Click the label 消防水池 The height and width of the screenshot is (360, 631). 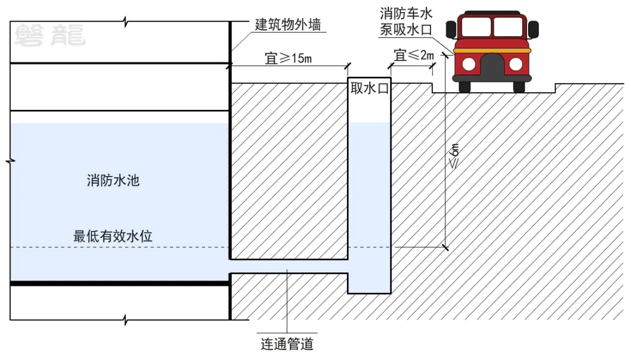[113, 180]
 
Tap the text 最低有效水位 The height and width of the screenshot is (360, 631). [113, 236]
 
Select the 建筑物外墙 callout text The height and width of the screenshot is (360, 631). [287, 25]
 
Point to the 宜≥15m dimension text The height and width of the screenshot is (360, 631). [288, 58]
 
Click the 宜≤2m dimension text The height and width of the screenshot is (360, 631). [414, 55]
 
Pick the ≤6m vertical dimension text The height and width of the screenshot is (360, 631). [453, 156]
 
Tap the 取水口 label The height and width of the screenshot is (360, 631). [369, 88]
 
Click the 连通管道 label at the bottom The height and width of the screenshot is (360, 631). [287, 344]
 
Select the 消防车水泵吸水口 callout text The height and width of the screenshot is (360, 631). [406, 22]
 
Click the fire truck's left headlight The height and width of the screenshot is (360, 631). [469, 64]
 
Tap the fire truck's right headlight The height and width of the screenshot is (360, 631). [515, 64]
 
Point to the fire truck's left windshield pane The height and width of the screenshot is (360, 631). [476, 26]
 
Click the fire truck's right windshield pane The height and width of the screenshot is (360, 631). [508, 26]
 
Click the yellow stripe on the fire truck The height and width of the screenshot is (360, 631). [492, 51]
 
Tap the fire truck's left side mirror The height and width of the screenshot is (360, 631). [451, 29]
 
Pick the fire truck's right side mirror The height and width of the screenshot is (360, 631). [533, 29]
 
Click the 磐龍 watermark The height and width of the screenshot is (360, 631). [50, 36]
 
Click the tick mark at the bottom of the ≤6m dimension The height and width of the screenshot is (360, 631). [445, 247]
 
